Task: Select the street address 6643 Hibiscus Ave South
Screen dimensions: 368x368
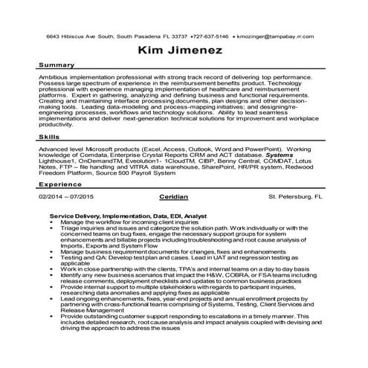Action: [74, 35]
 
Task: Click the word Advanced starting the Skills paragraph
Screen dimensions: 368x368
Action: [55, 149]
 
